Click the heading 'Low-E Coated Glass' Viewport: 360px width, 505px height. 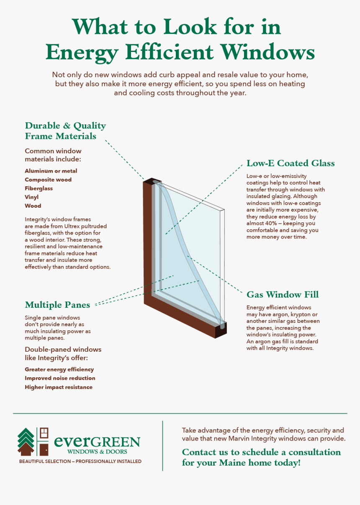point(291,163)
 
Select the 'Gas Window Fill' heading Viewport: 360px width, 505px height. point(283,294)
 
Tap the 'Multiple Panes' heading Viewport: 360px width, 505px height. point(57,304)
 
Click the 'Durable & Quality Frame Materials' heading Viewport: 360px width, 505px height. point(65,131)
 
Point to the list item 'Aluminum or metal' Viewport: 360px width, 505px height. point(51,171)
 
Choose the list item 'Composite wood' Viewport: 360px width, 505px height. point(48,180)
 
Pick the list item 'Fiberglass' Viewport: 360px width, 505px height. point(39,188)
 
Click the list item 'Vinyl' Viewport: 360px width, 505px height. point(32,197)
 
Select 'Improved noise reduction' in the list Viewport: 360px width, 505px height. point(60,378)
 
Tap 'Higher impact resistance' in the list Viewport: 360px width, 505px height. point(59,387)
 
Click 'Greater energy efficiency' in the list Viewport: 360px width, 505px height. point(59,369)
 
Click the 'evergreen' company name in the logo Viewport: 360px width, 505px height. point(97,442)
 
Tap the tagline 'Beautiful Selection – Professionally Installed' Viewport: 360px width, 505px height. point(80,461)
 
